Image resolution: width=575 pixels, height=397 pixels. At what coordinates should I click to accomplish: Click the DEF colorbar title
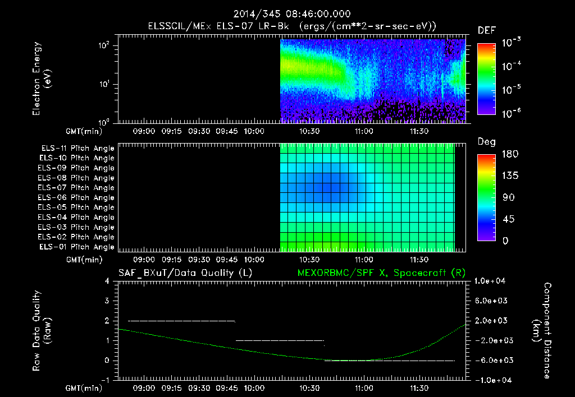(x=486, y=30)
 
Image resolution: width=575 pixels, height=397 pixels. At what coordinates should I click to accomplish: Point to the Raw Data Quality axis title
(x=43, y=330)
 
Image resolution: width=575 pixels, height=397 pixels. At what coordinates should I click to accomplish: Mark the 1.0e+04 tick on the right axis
(x=492, y=281)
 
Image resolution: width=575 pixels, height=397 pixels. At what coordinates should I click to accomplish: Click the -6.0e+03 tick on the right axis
(x=492, y=360)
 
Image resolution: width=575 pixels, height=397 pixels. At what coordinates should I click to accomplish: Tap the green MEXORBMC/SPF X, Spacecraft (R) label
(x=380, y=273)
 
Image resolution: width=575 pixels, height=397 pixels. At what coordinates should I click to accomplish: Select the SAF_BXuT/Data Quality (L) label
(x=185, y=273)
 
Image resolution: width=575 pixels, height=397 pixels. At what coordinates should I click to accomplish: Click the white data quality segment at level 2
(x=181, y=321)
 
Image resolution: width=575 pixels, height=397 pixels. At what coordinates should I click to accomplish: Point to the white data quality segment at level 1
(x=280, y=340)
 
